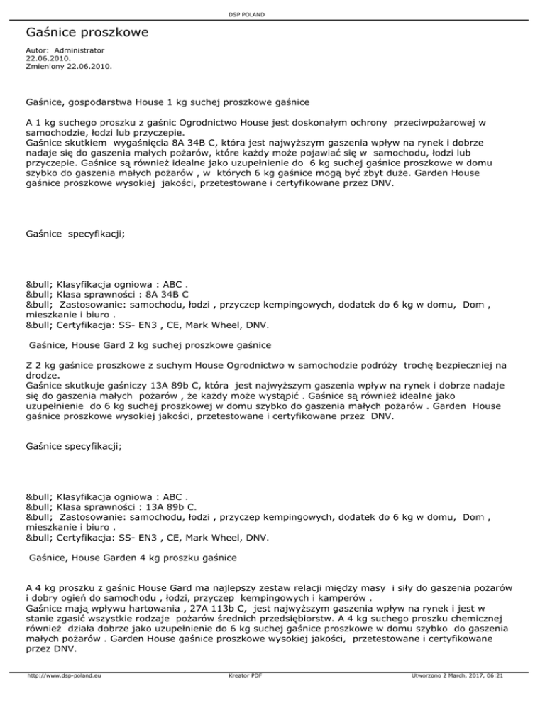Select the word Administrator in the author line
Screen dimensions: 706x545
tap(79, 50)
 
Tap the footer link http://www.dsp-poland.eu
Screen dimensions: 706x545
tap(63, 696)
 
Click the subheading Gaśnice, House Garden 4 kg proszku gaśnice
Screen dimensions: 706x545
tap(133, 558)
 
